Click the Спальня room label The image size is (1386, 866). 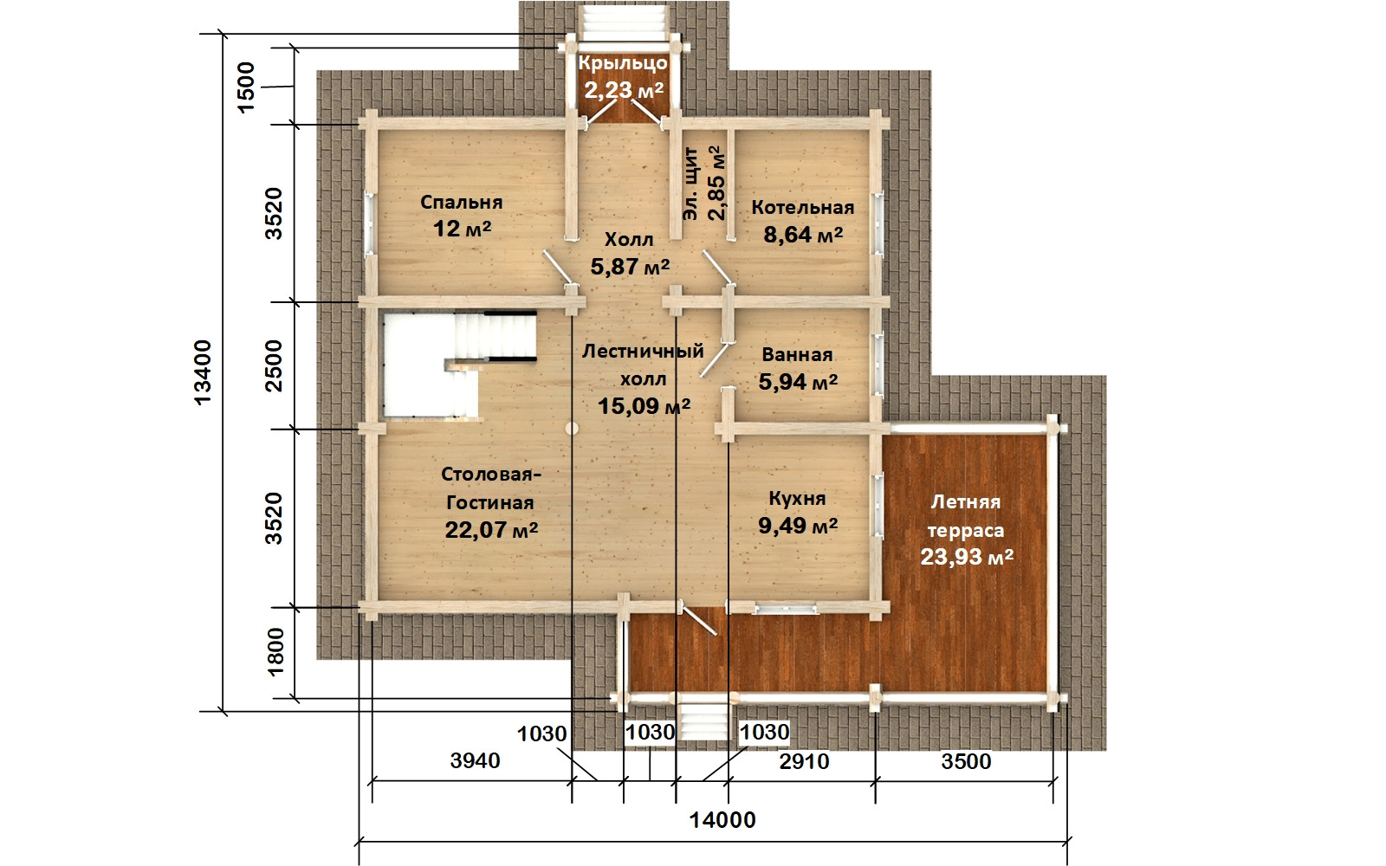[462, 203]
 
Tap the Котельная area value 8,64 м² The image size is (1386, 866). [803, 235]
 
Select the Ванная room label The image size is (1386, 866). [797, 354]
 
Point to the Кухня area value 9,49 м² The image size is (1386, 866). [798, 526]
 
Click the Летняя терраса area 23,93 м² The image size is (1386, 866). [967, 557]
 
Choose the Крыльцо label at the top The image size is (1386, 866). [623, 64]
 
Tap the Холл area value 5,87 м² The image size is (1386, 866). [630, 267]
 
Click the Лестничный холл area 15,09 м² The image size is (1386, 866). [644, 406]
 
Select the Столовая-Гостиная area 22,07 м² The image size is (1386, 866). [491, 530]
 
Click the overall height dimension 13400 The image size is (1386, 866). [203, 372]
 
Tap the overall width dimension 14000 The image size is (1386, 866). [722, 820]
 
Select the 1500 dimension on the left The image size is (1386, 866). [246, 87]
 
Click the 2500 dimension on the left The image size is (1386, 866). [273, 365]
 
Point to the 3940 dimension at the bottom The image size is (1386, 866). [475, 761]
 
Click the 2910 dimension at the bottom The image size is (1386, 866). [804, 761]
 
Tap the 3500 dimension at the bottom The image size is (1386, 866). [966, 761]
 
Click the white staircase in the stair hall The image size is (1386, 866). [459, 365]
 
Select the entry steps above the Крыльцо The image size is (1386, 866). [623, 23]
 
